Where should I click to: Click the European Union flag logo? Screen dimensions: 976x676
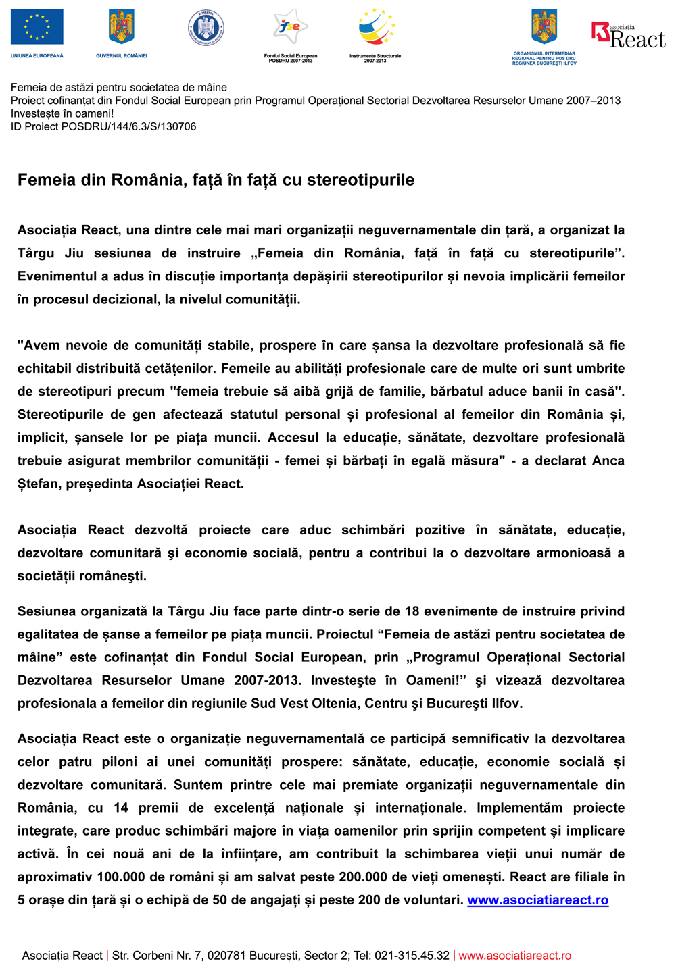(x=37, y=27)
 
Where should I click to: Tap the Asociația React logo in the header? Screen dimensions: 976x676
(x=628, y=35)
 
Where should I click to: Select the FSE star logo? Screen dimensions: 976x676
(x=290, y=27)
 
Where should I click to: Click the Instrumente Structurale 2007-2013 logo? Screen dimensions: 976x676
(x=376, y=28)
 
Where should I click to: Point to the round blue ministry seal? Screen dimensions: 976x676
(x=206, y=28)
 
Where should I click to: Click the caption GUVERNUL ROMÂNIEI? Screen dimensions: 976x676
(x=122, y=55)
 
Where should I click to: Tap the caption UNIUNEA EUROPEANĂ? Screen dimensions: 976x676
(x=37, y=55)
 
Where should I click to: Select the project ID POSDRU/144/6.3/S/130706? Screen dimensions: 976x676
(x=128, y=126)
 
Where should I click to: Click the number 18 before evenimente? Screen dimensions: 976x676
(x=412, y=611)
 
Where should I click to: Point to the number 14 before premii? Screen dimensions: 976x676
(x=121, y=808)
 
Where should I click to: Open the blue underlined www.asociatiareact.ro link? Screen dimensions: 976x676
(x=537, y=900)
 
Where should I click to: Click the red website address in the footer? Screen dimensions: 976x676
(x=514, y=956)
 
